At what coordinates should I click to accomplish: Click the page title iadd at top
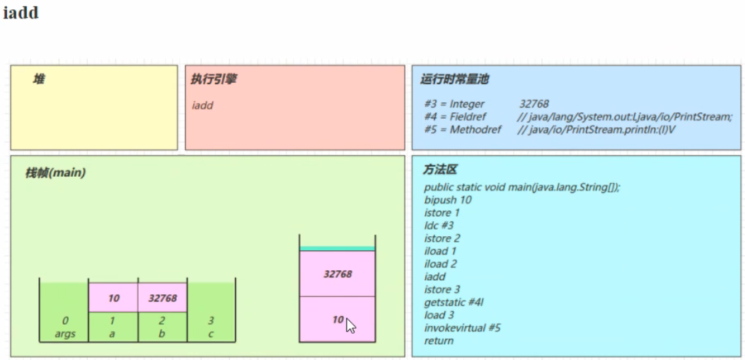click(x=21, y=13)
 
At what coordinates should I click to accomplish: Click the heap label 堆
click(x=38, y=79)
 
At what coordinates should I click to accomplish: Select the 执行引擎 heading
click(x=214, y=79)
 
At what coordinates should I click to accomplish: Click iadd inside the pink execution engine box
click(x=203, y=105)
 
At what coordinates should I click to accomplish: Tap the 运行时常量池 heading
click(x=454, y=79)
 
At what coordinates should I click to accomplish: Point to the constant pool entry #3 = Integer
click(x=455, y=104)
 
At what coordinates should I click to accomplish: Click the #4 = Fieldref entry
click(x=456, y=117)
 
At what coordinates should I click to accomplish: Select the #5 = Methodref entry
click(x=463, y=129)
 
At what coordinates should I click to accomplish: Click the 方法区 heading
click(x=440, y=170)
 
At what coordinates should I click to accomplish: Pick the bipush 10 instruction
click(x=448, y=200)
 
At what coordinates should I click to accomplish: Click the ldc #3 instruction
click(x=439, y=226)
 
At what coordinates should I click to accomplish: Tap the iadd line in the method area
click(x=435, y=277)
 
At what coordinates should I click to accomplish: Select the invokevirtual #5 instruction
click(x=463, y=327)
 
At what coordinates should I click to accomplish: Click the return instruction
click(x=439, y=340)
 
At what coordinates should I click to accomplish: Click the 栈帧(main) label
click(x=55, y=173)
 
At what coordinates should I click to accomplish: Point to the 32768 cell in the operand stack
click(x=337, y=274)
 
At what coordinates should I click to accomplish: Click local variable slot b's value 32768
click(x=163, y=298)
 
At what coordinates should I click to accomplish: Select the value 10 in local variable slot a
click(x=114, y=298)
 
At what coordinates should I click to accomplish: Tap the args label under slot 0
click(x=65, y=334)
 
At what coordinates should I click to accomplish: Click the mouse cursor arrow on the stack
click(x=350, y=326)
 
